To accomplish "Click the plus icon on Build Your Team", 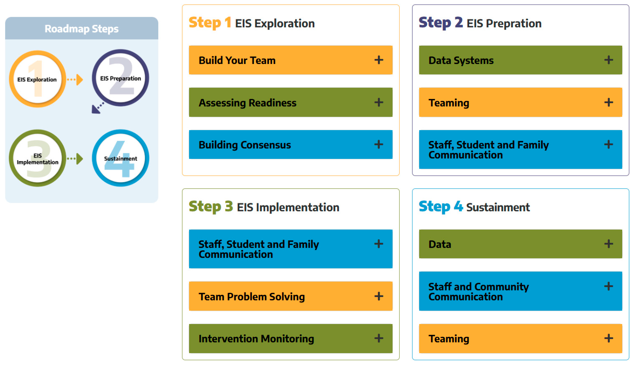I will point(378,60).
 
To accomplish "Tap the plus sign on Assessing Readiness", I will point(378,102).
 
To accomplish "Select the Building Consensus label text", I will point(245,145).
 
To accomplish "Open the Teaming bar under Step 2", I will point(520,102).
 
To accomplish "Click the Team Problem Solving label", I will point(251,297).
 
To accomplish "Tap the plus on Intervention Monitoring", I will point(378,338).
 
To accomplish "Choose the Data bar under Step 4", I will point(520,244).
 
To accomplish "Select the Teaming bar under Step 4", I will point(520,338).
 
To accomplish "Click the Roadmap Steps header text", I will point(81,29).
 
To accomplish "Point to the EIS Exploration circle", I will point(37,79).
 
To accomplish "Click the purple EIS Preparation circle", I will point(120,78).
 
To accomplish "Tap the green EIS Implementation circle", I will point(37,158).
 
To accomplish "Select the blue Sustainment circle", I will point(120,158).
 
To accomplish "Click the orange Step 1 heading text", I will point(210,23).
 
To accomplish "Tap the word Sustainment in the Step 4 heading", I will point(498,207).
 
